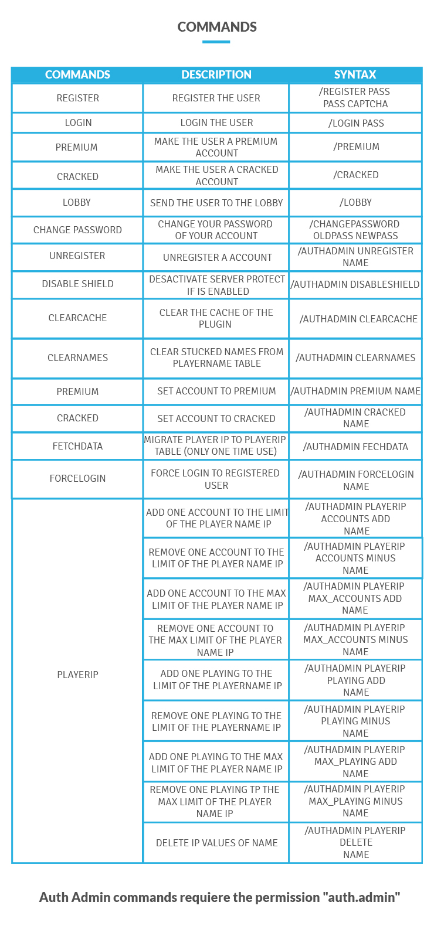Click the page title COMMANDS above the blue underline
(x=217, y=27)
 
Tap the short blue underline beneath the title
(x=216, y=42)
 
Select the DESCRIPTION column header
(x=216, y=75)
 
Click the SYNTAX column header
(x=355, y=75)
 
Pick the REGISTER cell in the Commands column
(x=77, y=98)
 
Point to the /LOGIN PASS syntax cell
(x=356, y=123)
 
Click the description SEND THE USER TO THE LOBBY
(x=216, y=203)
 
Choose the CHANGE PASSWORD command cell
(x=77, y=230)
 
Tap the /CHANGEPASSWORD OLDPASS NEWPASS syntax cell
(x=355, y=230)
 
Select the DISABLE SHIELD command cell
(x=77, y=284)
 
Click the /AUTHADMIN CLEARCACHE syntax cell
(x=358, y=319)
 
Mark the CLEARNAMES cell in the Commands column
(x=77, y=358)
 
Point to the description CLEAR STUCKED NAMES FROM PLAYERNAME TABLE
(x=216, y=358)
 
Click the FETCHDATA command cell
(x=77, y=447)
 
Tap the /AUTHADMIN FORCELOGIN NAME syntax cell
(x=356, y=480)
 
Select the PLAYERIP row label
(x=77, y=675)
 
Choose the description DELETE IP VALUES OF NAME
(x=216, y=843)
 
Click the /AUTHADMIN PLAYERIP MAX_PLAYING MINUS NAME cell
(x=355, y=801)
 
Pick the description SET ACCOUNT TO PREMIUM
(x=216, y=391)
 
